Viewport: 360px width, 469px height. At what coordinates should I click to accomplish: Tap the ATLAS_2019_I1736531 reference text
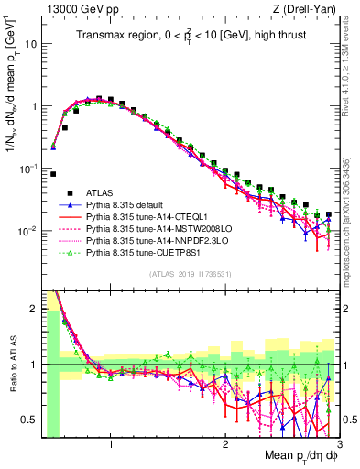(x=190, y=273)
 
